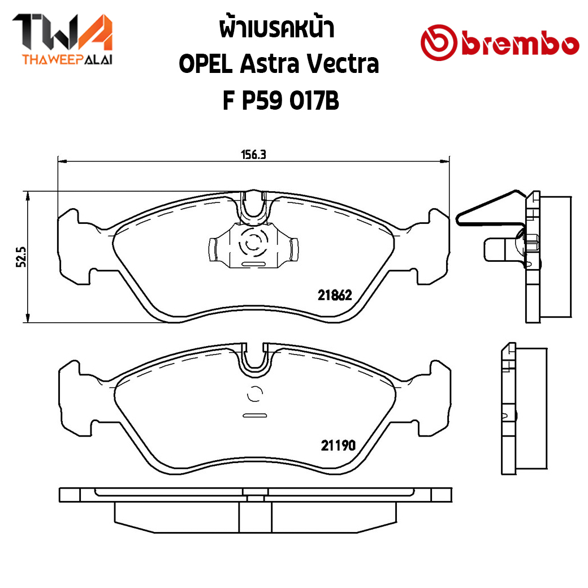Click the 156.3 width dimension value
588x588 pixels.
tap(253, 154)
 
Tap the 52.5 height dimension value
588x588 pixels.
tap(21, 257)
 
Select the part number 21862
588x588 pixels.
tap(335, 296)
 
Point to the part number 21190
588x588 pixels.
tap(338, 446)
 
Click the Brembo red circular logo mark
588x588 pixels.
tap(439, 43)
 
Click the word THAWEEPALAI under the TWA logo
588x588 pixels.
tap(67, 60)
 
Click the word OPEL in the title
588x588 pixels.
tap(206, 64)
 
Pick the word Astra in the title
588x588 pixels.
tap(270, 64)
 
